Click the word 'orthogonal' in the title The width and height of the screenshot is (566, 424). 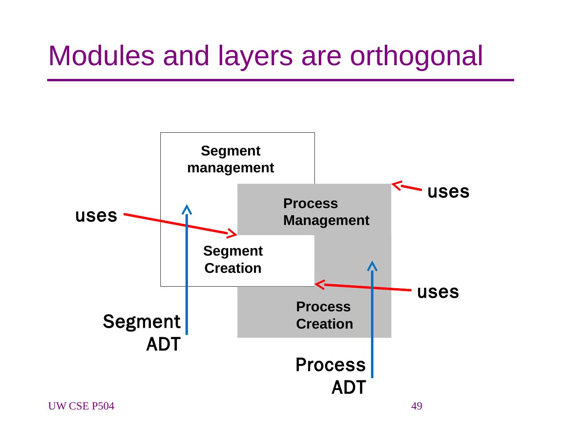click(x=416, y=56)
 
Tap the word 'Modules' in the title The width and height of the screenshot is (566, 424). click(x=101, y=56)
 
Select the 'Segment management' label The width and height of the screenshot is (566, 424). click(x=231, y=159)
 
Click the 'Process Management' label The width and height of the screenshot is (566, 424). click(x=326, y=212)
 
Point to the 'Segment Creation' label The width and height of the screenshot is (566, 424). click(x=233, y=260)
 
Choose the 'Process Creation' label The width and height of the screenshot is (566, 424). click(x=324, y=315)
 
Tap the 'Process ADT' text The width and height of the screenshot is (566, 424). click(x=331, y=376)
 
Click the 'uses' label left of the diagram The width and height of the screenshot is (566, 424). click(x=96, y=216)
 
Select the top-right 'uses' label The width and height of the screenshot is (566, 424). click(x=448, y=192)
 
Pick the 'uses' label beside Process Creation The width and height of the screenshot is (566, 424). click(x=438, y=292)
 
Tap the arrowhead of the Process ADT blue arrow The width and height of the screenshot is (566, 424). click(x=372, y=266)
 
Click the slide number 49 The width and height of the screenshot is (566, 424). click(x=417, y=406)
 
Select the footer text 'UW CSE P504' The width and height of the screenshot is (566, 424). click(x=81, y=406)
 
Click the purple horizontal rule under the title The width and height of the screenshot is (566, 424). click(x=280, y=80)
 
